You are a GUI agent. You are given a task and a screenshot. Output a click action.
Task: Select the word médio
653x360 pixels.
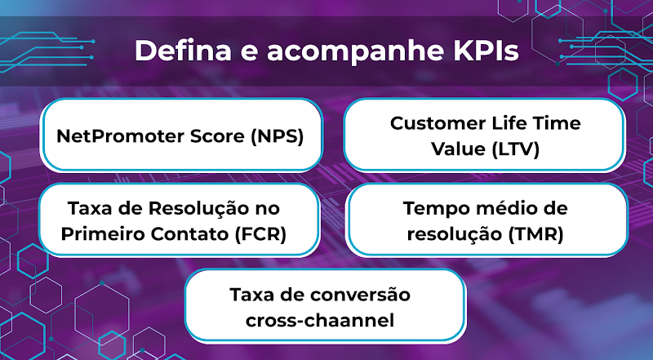pyautogui.click(x=505, y=208)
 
